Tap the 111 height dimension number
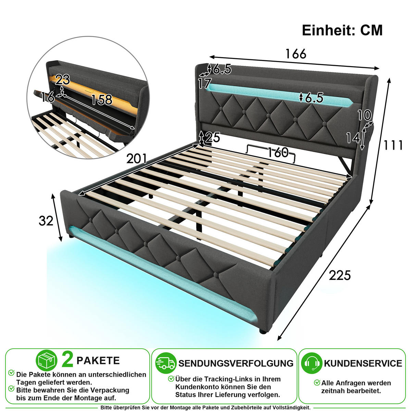pos(393,145)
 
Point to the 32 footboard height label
pos(46,221)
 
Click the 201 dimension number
pos(137,159)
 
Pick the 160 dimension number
pos(278,152)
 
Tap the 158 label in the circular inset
pos(101,100)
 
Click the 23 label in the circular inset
pos(62,80)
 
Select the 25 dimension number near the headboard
pos(213,137)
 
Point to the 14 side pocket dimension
pos(353,138)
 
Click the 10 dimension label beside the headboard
pos(364,115)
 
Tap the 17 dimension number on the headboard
pos(205,83)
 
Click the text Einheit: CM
pos(342,30)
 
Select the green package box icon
pos(47,360)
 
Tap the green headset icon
pos(312,363)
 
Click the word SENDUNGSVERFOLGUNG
pos(236,363)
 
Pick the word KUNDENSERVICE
pos(363,363)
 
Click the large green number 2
pos(67,360)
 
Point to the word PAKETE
pos(98,361)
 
